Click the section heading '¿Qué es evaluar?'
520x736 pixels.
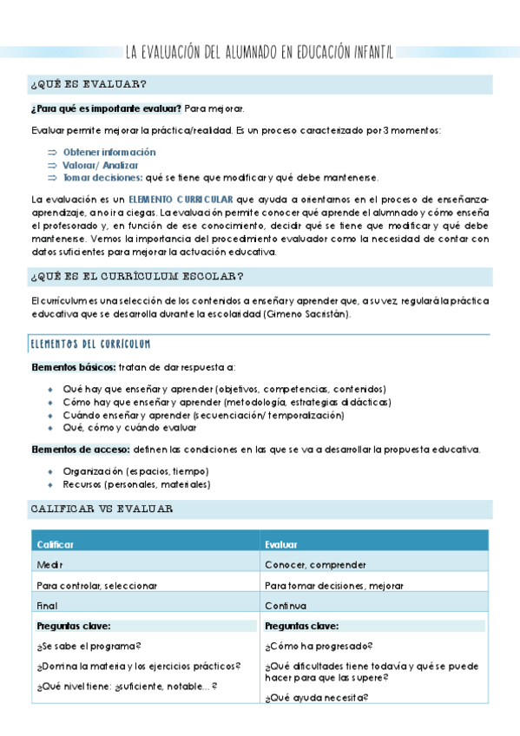coord(88,84)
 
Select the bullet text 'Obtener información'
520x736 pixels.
coord(109,152)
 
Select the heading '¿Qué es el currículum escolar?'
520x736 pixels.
coord(136,277)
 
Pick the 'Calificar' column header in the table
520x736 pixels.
coord(55,544)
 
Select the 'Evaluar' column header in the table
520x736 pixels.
coord(282,544)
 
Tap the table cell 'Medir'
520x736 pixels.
coord(49,565)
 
